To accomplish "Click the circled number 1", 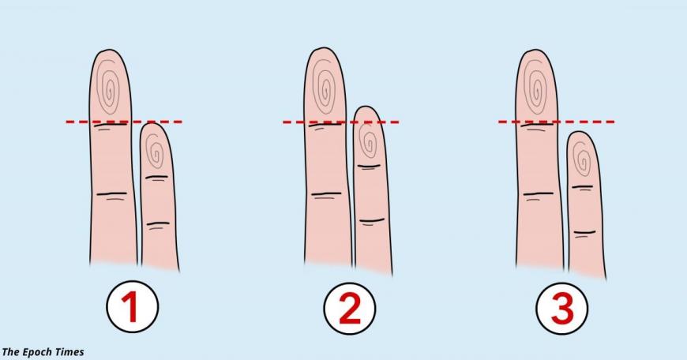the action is pyautogui.click(x=132, y=307).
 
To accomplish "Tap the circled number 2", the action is pyautogui.click(x=349, y=308).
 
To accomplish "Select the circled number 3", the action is pyautogui.click(x=562, y=309).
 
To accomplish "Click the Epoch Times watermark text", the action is pyautogui.click(x=43, y=351).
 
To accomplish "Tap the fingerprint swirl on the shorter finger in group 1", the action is pyautogui.click(x=155, y=151).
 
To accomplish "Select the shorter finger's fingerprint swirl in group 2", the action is pyautogui.click(x=368, y=141).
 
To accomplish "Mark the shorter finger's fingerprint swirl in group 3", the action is pyautogui.click(x=582, y=159).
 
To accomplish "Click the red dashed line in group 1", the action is pyautogui.click(x=124, y=122).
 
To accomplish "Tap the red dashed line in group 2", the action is pyautogui.click(x=341, y=122).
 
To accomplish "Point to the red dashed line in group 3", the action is pyautogui.click(x=557, y=122).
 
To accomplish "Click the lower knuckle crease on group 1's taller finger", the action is pyautogui.click(x=111, y=193).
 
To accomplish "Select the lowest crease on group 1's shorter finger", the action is pyautogui.click(x=158, y=223).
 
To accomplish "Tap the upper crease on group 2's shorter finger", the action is pyautogui.click(x=369, y=166).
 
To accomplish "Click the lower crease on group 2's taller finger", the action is pyautogui.click(x=325, y=193).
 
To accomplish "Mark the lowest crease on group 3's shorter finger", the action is pyautogui.click(x=585, y=231).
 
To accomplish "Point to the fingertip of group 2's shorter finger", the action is pyautogui.click(x=366, y=107).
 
